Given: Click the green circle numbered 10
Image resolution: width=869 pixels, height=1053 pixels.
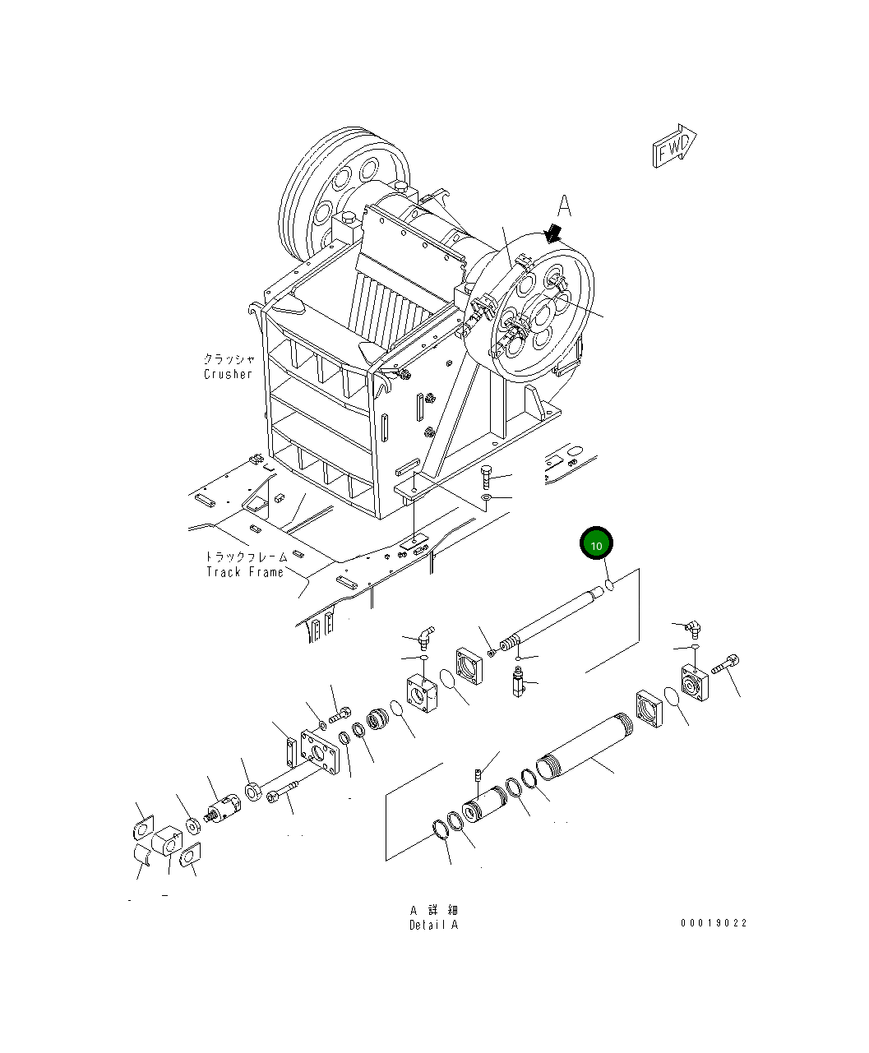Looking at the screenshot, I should point(597,544).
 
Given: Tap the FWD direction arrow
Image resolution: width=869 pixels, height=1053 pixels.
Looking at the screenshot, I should point(675,147).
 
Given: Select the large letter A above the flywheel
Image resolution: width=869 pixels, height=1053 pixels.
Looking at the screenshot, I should point(564,206).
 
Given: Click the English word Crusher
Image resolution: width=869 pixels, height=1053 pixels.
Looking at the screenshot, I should point(228,374).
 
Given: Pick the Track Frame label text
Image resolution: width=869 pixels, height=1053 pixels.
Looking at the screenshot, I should point(245,572).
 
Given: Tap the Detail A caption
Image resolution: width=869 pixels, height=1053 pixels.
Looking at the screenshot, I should point(433,925).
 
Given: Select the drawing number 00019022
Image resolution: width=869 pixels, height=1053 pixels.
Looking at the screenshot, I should point(714,923).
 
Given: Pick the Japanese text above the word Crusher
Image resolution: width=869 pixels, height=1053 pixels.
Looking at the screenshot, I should point(229,359).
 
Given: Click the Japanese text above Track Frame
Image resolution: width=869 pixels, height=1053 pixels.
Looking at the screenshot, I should point(246,557).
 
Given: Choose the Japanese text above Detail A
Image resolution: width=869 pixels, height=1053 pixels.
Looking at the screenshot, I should point(433,910).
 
